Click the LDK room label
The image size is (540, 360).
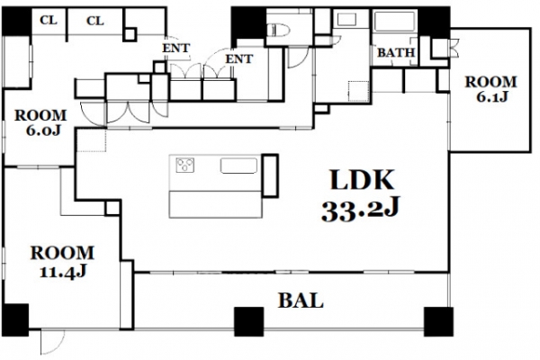pos(362,179)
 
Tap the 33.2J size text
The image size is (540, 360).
pos(361,209)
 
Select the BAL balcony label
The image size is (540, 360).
pos(301,300)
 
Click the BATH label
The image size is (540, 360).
pos(396,53)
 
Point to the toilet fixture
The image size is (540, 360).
pos(278,30)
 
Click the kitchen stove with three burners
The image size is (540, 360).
pos(184,165)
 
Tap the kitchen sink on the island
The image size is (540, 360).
pos(238,166)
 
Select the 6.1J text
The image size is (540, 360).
pos(492,97)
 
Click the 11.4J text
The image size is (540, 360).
pos(63,272)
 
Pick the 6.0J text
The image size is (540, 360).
pos(43,130)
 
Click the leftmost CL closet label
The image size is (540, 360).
pos(49,20)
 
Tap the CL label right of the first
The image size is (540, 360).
pos(95,21)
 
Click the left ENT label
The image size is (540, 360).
pos(176,48)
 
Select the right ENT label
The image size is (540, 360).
pos(239,58)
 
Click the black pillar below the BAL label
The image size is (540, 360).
pos(249,321)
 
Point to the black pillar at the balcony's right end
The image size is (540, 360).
pos(438,321)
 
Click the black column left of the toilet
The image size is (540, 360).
pos(248,25)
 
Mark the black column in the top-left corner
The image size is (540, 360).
pos(17,21)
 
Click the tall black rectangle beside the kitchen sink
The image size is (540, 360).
pos(270,175)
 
